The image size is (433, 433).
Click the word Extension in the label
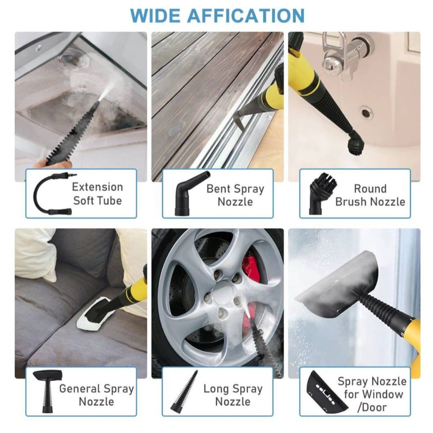coord(97,187)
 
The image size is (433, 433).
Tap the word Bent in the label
coord(218,189)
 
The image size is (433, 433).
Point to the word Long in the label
coord(215,389)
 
